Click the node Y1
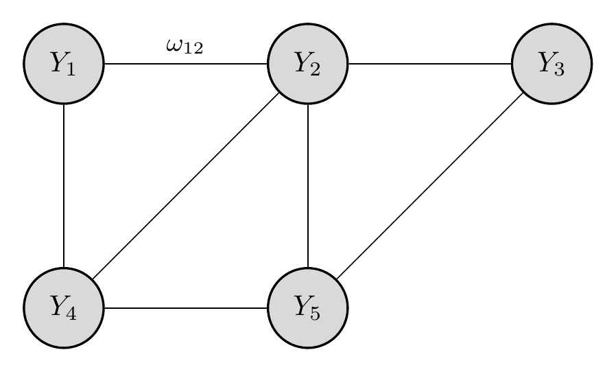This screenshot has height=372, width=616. click(x=64, y=64)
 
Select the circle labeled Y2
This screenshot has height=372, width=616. click(x=308, y=64)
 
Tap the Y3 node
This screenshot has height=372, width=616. click(x=552, y=64)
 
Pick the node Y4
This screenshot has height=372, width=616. click(x=64, y=307)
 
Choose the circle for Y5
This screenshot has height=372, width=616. click(x=308, y=307)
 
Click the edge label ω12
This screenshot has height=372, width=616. click(x=185, y=47)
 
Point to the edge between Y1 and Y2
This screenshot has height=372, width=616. click(x=185, y=64)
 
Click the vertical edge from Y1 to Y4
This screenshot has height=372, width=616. click(x=64, y=185)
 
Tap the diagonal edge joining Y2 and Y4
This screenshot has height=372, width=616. click(x=186, y=185)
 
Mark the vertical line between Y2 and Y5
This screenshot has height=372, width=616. click(x=308, y=185)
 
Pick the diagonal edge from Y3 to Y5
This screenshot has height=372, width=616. click(x=429, y=185)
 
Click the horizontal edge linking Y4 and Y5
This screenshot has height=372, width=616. click(x=185, y=307)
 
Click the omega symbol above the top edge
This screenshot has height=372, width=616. click(x=174, y=46)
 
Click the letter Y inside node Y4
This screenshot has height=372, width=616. click(x=58, y=305)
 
